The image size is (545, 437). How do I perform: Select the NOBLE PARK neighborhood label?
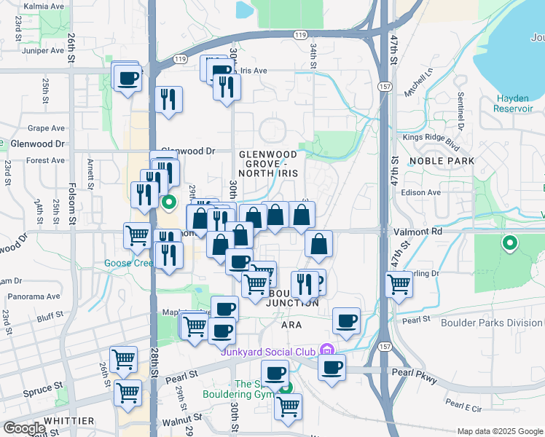click(442, 161)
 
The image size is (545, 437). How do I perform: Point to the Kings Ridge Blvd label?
click(423, 138)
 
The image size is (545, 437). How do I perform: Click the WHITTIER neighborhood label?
click(68, 421)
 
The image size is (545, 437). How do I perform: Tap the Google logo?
click(24, 428)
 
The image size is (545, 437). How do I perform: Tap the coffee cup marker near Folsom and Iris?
click(128, 78)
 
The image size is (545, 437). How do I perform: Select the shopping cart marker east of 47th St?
click(399, 283)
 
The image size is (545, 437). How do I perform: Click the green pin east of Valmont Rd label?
click(510, 243)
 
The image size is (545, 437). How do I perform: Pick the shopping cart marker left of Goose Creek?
click(137, 235)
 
